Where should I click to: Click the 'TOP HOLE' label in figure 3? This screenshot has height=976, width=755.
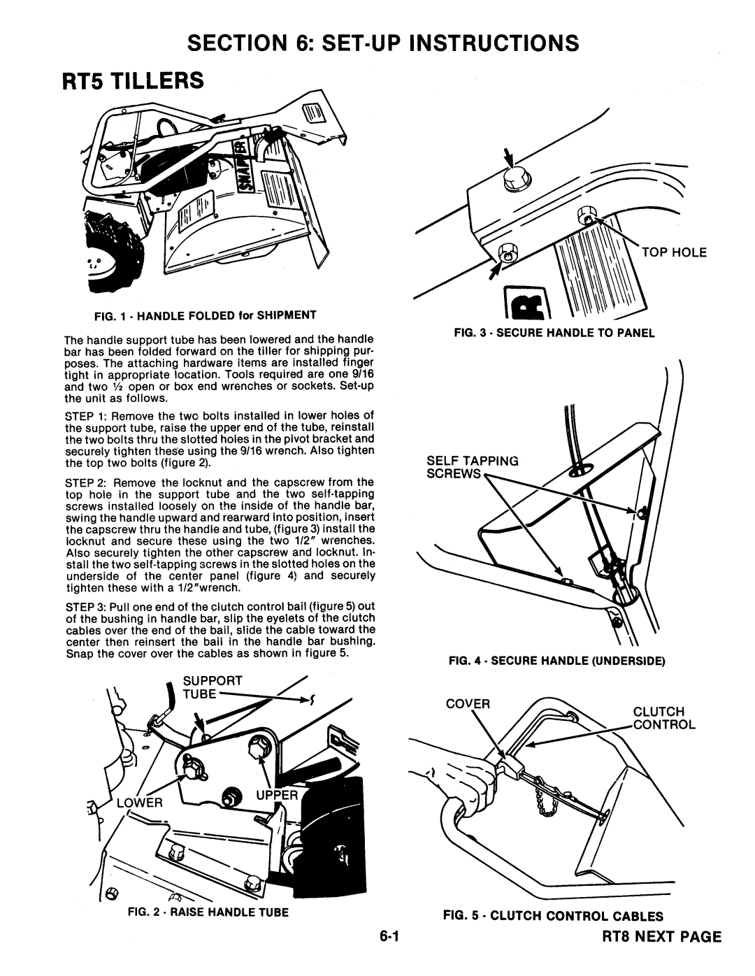tap(670, 252)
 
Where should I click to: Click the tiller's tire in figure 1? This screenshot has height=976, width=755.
tap(112, 252)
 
